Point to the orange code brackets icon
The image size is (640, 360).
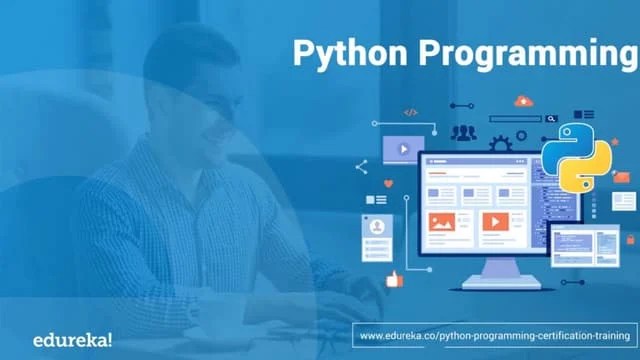tap(410, 113)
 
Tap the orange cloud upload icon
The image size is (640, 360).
tap(522, 102)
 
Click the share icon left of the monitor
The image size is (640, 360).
tap(361, 167)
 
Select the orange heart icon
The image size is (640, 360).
tap(389, 184)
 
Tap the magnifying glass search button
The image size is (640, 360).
tap(551, 119)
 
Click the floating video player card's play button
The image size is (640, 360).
tap(402, 149)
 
